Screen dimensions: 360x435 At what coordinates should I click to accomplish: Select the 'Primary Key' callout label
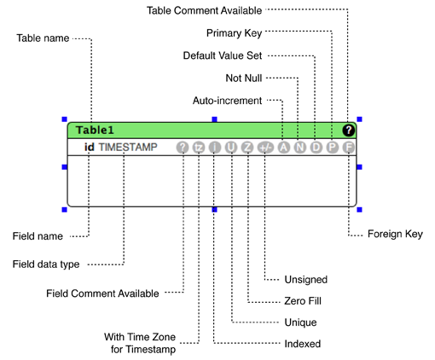[234, 33]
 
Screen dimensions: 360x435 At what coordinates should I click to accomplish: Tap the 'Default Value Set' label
[223, 55]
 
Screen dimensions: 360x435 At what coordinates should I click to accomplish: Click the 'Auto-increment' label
[227, 100]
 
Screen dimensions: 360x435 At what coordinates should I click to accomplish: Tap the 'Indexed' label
[302, 344]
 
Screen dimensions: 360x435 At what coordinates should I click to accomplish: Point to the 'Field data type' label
[46, 264]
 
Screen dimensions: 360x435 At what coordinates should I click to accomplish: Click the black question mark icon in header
[348, 131]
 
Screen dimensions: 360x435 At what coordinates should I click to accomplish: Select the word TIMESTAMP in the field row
[128, 148]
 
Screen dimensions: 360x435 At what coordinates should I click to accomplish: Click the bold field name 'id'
[89, 148]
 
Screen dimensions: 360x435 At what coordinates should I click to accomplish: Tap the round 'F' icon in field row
[348, 148]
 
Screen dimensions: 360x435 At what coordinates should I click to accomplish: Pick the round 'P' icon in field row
[332, 148]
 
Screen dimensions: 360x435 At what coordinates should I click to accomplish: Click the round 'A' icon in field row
[282, 148]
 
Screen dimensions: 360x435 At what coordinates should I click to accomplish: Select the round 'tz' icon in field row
[199, 148]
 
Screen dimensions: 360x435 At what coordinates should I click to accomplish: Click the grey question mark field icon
[183, 148]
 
